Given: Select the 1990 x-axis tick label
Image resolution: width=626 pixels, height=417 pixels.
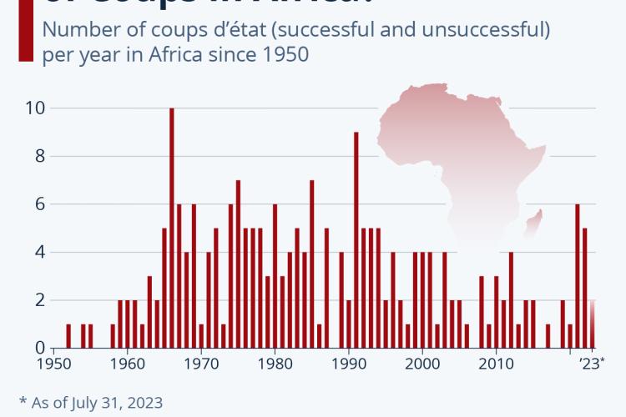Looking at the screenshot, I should pos(348,364).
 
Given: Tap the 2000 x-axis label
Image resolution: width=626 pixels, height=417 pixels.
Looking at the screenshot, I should pos(422,364).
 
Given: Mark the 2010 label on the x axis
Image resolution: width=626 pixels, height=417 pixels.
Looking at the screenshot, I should pos(495,364).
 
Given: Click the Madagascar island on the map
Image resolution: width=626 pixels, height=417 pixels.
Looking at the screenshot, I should pos(535,221).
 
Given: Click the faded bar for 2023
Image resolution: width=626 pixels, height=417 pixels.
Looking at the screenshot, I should pos(593,324).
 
